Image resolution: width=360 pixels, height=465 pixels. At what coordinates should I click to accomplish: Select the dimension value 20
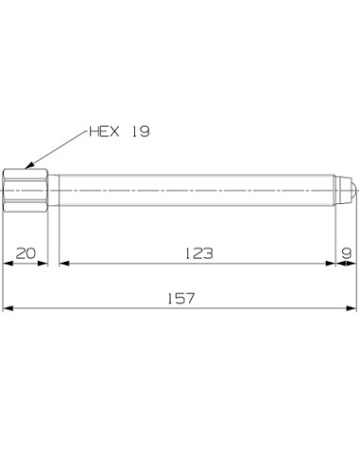26,252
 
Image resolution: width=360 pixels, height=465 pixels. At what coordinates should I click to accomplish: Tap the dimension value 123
198,252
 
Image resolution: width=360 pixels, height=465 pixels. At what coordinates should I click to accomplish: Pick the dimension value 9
347,252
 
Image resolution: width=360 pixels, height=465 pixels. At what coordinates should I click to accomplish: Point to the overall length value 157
180,297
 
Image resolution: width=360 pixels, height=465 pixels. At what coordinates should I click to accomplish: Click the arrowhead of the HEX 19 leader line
28,167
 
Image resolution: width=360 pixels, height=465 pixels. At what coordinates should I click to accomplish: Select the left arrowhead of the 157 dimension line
9,307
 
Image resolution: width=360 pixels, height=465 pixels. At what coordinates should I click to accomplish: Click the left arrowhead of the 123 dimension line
63,263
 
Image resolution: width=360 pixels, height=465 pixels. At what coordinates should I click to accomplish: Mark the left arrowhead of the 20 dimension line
9,263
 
